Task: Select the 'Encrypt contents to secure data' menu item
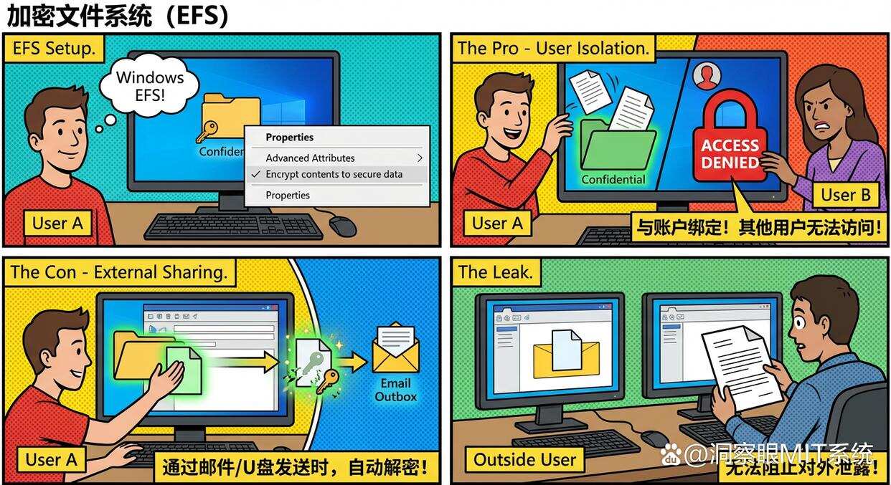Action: coord(334,174)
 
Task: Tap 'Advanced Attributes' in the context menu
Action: coord(310,158)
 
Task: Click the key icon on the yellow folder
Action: coord(208,131)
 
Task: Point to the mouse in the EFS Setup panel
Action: coord(342,225)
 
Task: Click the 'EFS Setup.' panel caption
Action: coord(54,49)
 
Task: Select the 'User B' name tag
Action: coord(845,195)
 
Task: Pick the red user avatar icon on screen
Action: coord(707,75)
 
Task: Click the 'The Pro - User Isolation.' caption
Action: coord(553,49)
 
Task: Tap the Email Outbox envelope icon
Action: coord(395,348)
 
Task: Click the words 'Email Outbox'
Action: coord(395,390)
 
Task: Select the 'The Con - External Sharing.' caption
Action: coord(119,272)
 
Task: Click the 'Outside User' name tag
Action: coord(524,459)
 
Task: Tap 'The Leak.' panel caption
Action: coord(495,272)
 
